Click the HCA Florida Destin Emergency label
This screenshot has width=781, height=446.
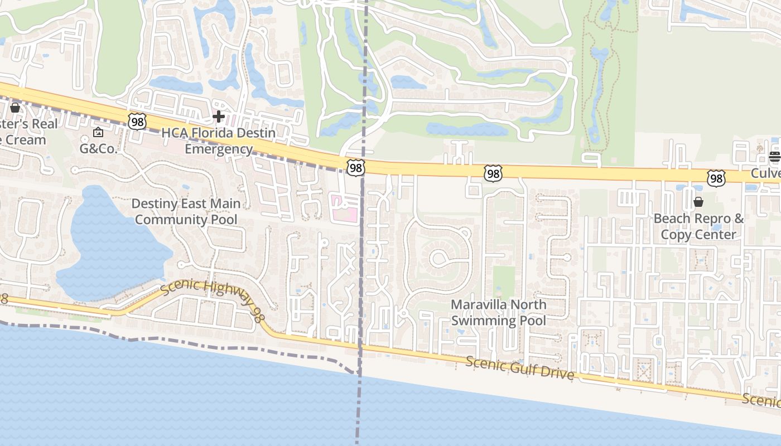[219, 141]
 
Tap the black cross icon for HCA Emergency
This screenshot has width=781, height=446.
[219, 117]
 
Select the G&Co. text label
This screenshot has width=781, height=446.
[98, 149]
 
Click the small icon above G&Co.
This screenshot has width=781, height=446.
[98, 132]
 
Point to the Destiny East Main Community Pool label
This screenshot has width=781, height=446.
[186, 212]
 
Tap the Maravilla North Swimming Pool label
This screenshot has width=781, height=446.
[498, 313]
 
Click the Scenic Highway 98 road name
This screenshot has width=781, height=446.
[211, 301]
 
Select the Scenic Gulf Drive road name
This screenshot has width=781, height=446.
[520, 369]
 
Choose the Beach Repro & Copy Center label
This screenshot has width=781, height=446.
[698, 226]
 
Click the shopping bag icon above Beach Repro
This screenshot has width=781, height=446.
[698, 202]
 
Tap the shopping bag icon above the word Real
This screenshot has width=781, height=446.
[15, 107]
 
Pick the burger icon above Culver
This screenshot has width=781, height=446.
[774, 157]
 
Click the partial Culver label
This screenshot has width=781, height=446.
[765, 173]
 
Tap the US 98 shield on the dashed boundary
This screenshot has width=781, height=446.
[355, 167]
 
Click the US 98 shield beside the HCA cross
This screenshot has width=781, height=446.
[137, 121]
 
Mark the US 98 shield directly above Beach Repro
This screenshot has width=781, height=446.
[716, 178]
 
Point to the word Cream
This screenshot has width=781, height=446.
[23, 139]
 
